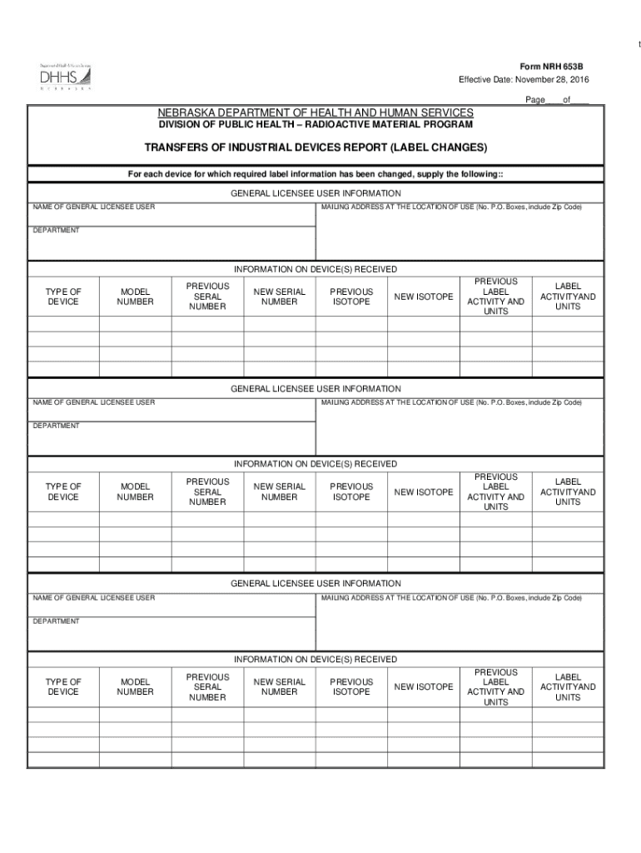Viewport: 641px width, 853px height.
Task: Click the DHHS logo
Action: point(65,76)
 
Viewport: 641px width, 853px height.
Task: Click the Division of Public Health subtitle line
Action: point(316,125)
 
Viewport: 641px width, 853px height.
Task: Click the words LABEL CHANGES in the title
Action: point(433,147)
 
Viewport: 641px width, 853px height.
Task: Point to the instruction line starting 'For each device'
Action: point(316,174)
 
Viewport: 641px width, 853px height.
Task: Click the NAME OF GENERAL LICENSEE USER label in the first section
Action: point(93,207)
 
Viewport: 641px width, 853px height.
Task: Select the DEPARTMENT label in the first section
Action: point(56,230)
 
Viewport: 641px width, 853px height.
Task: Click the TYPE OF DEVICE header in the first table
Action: point(63,297)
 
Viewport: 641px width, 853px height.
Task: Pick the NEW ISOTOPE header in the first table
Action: point(424,297)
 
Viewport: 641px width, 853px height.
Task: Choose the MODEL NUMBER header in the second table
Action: point(135,491)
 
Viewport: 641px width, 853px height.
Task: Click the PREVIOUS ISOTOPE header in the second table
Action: point(351,491)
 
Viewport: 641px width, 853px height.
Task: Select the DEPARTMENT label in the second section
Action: point(56,426)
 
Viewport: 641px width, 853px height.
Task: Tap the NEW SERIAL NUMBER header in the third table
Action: point(280,686)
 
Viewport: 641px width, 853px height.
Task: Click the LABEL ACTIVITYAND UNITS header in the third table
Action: point(568,686)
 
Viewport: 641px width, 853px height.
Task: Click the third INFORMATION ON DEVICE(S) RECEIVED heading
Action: point(316,660)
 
